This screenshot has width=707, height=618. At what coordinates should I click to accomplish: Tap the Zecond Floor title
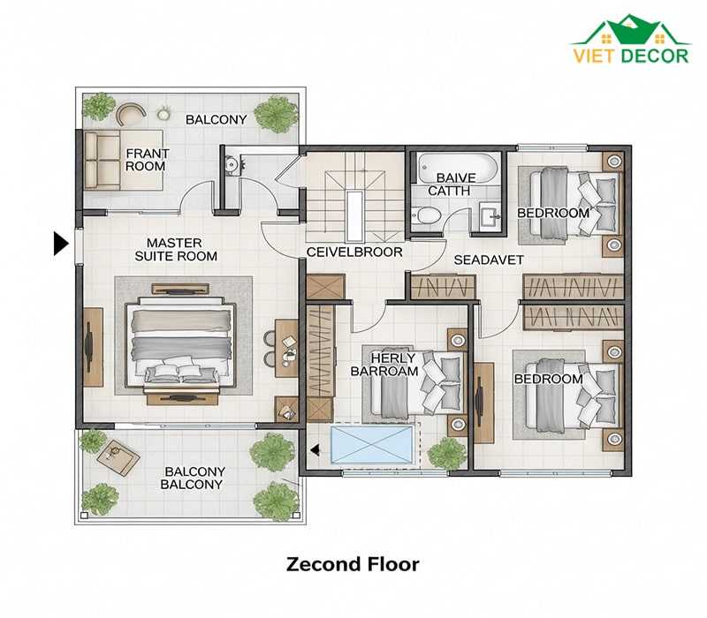[x=353, y=564]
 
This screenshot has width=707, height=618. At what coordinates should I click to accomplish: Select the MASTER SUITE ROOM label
[x=176, y=250]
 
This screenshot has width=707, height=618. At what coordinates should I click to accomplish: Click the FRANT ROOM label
[x=147, y=160]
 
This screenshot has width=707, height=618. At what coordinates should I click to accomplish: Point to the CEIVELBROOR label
[x=354, y=252]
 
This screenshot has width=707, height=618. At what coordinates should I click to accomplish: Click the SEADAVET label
[x=489, y=260]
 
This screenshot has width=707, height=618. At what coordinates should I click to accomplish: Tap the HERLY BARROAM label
[x=384, y=365]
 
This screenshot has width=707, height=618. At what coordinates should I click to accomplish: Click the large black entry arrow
[x=61, y=244]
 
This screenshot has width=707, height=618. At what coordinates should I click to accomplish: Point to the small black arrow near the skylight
[x=315, y=449]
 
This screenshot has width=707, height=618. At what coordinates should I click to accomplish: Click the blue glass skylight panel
[x=371, y=445]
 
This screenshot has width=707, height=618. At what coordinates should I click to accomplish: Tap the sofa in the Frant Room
[x=102, y=161]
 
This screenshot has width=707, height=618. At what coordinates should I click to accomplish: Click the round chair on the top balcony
[x=130, y=115]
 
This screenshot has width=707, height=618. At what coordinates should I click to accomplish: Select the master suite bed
[x=180, y=345]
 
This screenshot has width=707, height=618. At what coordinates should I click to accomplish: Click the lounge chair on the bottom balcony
[x=118, y=456]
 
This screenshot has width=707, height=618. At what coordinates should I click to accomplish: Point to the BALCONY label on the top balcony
[x=216, y=119]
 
